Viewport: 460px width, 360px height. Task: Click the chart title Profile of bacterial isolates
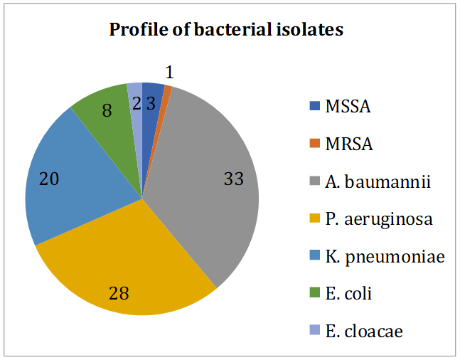pos(226,30)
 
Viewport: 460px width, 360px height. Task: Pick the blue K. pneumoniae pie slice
pos(71,185)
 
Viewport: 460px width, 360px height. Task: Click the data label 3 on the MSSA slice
pos(151,102)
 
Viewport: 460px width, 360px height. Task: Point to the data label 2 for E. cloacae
pos(136,102)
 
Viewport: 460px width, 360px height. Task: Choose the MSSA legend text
pos(348,108)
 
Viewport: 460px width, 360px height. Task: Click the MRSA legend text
pos(348,145)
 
